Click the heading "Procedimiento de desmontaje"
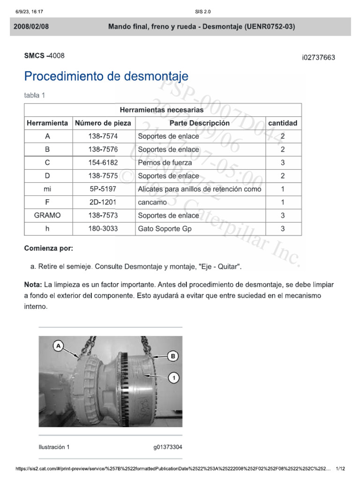tap(106, 76)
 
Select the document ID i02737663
tap(318, 58)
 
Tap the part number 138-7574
tap(103, 136)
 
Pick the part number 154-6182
tap(103, 163)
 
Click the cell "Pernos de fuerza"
tap(165, 163)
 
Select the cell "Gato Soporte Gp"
tap(165, 229)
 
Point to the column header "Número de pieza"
tap(103, 123)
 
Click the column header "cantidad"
tap(283, 123)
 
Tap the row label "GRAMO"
tap(47, 216)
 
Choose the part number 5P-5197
tap(103, 189)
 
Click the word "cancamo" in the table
tap(152, 202)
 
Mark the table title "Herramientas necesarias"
tap(162, 110)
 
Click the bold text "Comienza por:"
tap(49, 248)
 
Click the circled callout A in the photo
tap(59, 346)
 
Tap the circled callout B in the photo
tap(173, 356)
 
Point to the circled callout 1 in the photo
tap(173, 376)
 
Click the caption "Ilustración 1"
tap(54, 447)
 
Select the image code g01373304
tap(168, 447)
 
